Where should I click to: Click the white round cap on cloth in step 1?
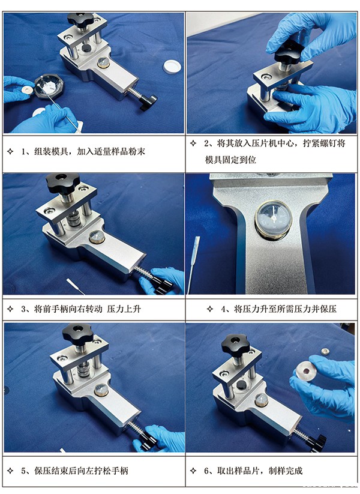172,66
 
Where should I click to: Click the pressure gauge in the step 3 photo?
96,238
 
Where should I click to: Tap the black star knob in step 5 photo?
78,332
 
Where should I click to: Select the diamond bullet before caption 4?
210,309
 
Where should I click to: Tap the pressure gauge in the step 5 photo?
101,391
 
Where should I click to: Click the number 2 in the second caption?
208,144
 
